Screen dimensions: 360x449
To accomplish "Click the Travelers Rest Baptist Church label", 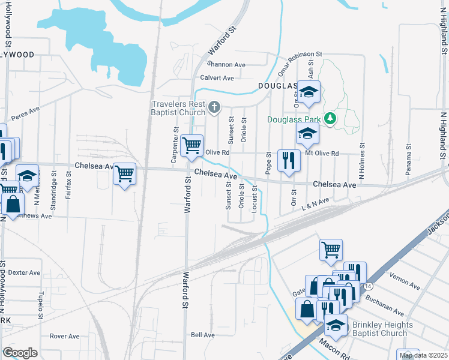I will (x=178, y=108).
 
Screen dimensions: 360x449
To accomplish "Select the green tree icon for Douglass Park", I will (x=330, y=119).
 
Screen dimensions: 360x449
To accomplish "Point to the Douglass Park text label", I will (x=295, y=119).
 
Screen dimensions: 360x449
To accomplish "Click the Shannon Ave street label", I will (x=226, y=64).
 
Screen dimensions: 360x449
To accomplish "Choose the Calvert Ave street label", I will (x=217, y=78).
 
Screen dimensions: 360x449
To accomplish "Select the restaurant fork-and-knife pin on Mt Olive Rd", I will (x=289, y=160).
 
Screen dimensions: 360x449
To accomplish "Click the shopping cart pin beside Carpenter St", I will (x=191, y=146).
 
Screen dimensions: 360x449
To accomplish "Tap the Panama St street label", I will (x=408, y=163).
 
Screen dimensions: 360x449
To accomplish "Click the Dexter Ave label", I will (x=25, y=272).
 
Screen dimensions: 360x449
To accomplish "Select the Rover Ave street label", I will (x=65, y=336).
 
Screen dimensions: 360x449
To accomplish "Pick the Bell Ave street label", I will (x=203, y=335).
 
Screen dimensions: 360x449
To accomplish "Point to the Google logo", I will (x=20, y=353).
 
